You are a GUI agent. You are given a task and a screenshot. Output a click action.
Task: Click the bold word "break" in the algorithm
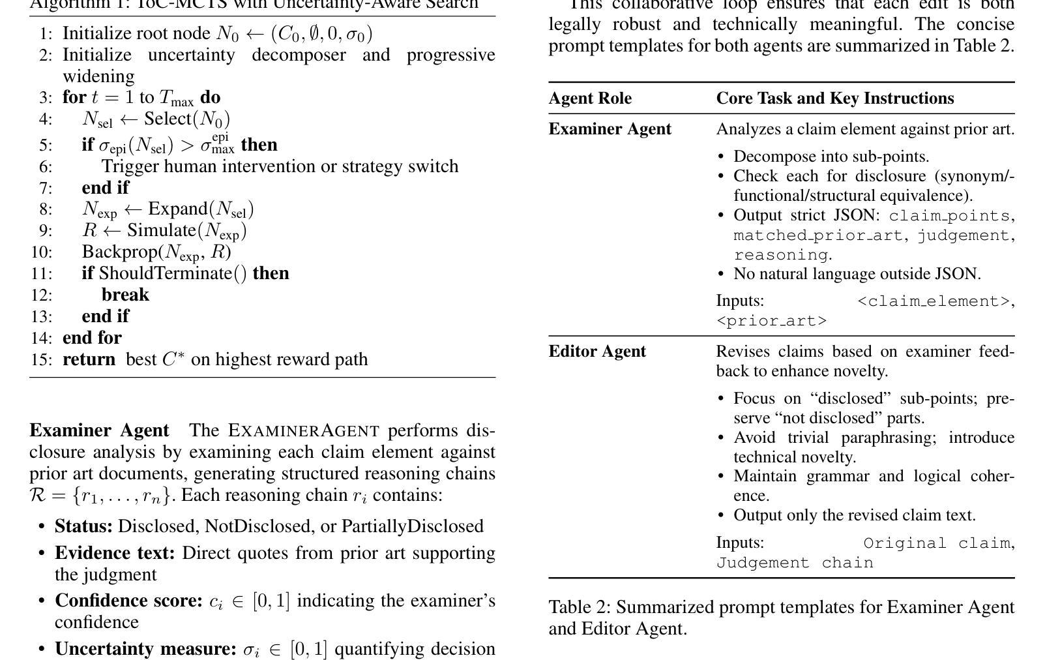coord(125,295)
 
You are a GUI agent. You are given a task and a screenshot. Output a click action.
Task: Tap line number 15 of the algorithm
coord(41,359)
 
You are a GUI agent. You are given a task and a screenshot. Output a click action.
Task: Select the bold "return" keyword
coord(89,359)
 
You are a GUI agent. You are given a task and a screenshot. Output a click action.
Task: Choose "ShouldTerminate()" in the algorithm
coord(173,273)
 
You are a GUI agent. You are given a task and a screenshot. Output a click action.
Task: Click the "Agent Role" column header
coord(590,98)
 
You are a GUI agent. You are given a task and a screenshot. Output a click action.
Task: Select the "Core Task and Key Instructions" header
coord(834,98)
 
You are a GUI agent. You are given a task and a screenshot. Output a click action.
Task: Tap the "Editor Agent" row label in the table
coord(597,352)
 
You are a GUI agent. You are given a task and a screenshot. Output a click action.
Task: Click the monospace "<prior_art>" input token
coord(771,321)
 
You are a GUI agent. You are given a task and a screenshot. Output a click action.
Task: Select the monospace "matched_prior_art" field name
coord(817,235)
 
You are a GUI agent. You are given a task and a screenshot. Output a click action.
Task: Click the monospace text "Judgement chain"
coord(795,563)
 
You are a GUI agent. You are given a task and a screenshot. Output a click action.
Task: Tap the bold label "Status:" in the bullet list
coord(83,526)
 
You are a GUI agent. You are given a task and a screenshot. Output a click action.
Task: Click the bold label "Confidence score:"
coord(128,601)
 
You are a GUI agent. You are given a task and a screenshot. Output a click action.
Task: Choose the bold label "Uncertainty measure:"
coord(145,649)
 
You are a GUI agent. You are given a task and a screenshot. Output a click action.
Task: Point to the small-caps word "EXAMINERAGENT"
coord(304,431)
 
